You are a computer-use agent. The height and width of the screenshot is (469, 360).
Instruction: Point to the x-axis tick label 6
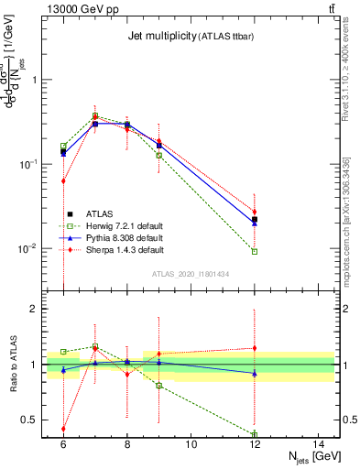(x=63, y=444)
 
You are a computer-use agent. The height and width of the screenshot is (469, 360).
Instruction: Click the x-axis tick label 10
(x=191, y=444)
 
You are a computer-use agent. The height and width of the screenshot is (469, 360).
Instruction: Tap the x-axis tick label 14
(x=319, y=444)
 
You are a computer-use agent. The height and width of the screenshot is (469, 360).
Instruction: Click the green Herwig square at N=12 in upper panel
(x=255, y=251)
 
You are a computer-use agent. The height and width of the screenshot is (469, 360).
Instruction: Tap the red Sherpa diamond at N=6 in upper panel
(x=63, y=181)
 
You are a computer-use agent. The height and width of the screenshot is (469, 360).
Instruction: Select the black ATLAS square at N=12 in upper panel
(x=255, y=220)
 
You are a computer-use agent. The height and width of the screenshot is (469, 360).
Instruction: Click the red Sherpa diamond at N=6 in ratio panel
(x=63, y=428)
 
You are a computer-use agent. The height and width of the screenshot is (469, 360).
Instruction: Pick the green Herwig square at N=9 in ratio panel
(x=158, y=386)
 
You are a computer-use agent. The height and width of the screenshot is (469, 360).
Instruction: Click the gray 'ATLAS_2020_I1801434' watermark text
(x=191, y=274)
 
